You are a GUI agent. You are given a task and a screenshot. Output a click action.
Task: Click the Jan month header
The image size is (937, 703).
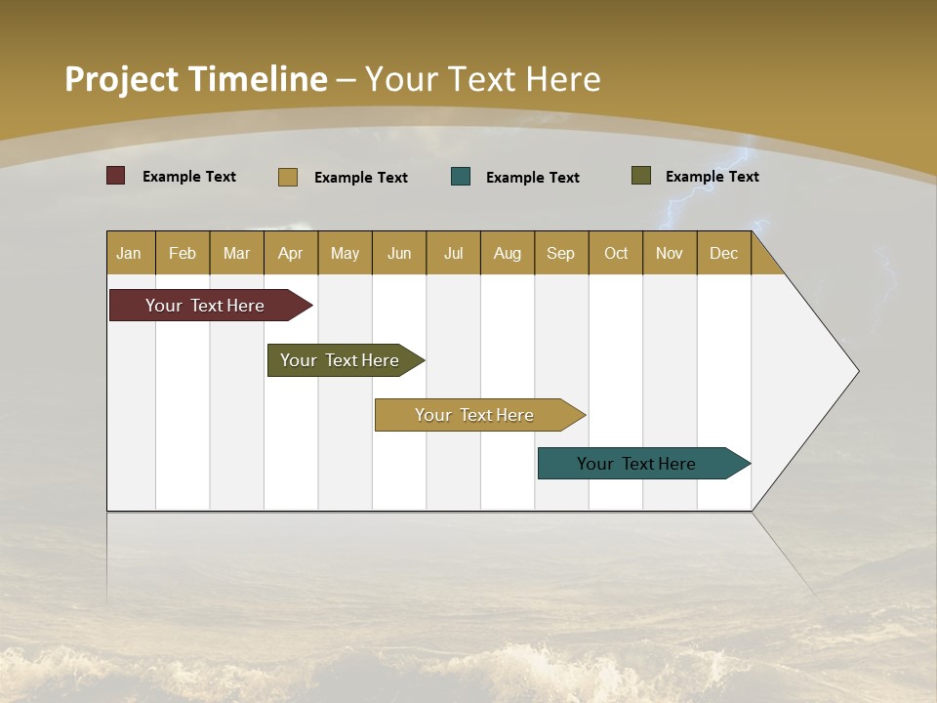(129, 253)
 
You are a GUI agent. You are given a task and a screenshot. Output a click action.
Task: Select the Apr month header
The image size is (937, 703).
(290, 253)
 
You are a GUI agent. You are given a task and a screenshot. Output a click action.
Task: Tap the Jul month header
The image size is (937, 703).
(453, 253)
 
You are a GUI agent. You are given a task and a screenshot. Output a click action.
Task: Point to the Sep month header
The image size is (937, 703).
(560, 253)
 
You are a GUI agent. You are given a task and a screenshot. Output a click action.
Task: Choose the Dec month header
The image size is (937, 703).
(723, 253)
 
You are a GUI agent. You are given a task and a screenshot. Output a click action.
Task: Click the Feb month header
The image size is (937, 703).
(183, 253)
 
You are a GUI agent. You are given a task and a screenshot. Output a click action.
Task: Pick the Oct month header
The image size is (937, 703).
(616, 253)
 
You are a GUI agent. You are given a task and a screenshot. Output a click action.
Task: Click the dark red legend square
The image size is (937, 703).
(115, 176)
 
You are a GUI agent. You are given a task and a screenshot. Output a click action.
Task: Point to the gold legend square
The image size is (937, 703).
(287, 177)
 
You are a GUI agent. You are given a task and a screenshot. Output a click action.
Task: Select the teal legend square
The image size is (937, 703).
(461, 177)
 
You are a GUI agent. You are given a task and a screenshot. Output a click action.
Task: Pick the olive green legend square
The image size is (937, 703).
(640, 176)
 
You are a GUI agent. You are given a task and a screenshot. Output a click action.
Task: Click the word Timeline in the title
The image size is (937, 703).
(257, 79)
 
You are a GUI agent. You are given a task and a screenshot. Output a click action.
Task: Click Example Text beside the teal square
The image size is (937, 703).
(532, 177)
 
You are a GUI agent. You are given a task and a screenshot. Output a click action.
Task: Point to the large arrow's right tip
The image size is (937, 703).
(856, 370)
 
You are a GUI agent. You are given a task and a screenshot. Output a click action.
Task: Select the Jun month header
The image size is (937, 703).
(399, 253)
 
